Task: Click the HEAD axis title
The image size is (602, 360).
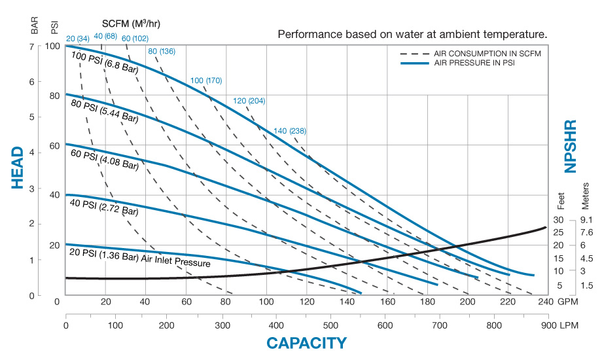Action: coord(18,168)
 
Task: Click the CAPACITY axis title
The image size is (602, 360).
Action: coord(306,342)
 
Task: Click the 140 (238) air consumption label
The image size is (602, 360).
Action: coord(291,130)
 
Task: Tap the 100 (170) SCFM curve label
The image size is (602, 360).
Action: coord(206,81)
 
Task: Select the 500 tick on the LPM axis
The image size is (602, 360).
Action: coord(331,325)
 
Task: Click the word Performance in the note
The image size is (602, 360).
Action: coord(304,33)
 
